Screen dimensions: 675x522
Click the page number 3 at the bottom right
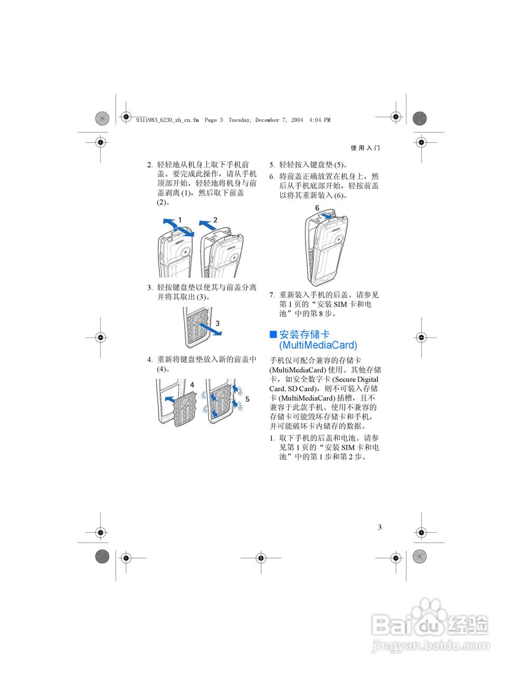(x=379, y=527)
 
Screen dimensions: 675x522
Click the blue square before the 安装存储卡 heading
(x=273, y=334)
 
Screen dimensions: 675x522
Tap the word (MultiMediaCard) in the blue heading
(x=318, y=345)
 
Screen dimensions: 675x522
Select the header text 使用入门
(x=365, y=148)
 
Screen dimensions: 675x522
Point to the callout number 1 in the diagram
(x=180, y=219)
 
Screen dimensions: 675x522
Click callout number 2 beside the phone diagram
(x=215, y=219)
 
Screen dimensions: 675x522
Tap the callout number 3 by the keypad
(x=217, y=323)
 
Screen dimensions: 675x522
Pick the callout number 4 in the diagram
(x=192, y=385)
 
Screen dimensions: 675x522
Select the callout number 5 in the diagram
(x=247, y=399)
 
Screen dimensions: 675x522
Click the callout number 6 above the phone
(x=317, y=208)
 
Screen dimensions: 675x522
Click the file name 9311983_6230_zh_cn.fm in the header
(x=167, y=120)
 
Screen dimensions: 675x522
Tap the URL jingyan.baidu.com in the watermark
(x=431, y=645)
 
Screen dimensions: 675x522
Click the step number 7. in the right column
(x=272, y=295)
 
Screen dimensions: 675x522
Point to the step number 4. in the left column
(x=150, y=360)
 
